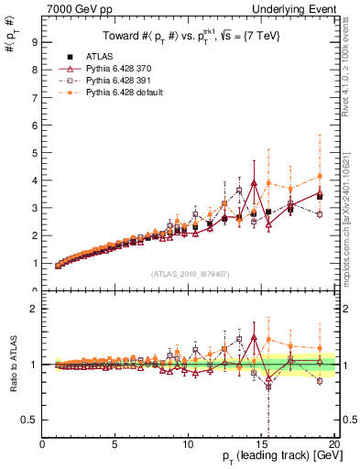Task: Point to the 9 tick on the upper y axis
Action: coord(34,42)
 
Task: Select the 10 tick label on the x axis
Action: coord(188,445)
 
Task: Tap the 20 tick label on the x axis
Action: coord(333,445)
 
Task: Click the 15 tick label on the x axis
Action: coord(261,445)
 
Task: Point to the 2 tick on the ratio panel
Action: coord(34,309)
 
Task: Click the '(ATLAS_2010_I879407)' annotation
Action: coord(189,272)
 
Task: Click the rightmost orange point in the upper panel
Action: coord(320,176)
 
